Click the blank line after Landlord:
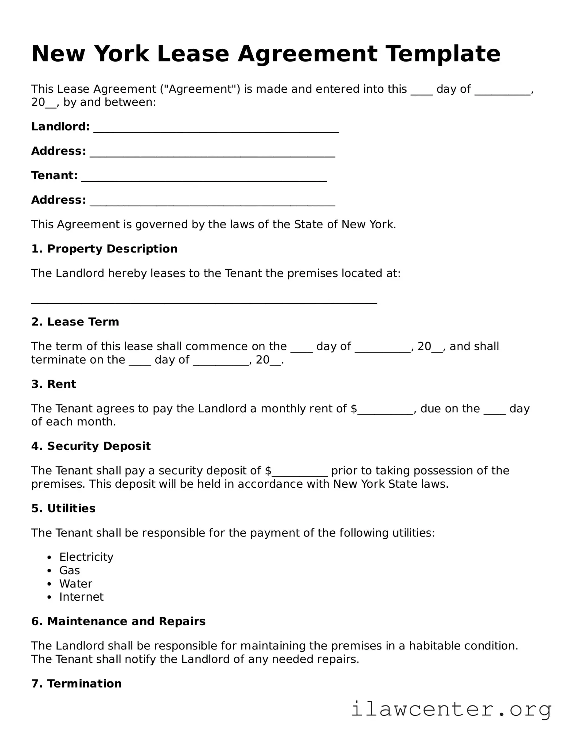pos(216,130)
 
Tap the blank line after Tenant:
pos(204,179)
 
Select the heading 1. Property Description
pos(104,249)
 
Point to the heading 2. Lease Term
pos(75,322)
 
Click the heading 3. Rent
pos(53,384)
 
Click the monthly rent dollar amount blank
pos(386,412)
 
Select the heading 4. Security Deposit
pos(91,446)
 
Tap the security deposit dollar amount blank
pos(300,474)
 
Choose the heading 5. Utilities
pos(63,508)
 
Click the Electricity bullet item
pos(86,557)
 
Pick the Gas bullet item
pos(70,570)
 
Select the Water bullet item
pos(76,583)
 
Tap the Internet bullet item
pos(81,597)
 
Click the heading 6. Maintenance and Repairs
pos(118,621)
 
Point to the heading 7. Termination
pos(76,683)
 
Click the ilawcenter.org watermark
pos(451,709)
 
